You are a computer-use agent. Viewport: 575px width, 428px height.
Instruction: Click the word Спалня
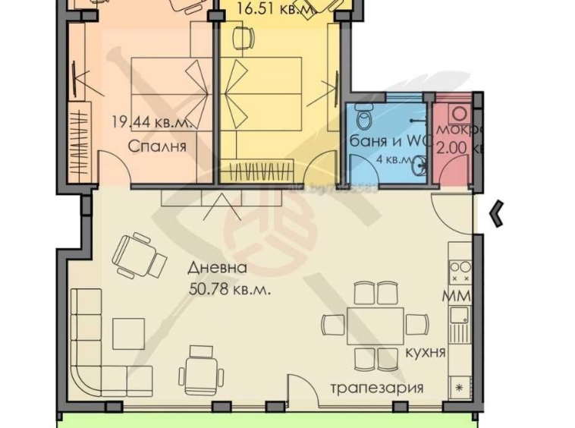click(x=156, y=146)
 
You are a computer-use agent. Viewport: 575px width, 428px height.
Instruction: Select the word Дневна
click(x=218, y=268)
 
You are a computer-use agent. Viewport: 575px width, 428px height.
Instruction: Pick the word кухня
click(x=424, y=353)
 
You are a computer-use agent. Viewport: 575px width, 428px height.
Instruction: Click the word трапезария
click(x=376, y=388)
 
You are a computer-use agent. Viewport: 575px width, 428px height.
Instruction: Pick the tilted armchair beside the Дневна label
click(x=140, y=255)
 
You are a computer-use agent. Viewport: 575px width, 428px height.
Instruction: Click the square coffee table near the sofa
click(x=128, y=332)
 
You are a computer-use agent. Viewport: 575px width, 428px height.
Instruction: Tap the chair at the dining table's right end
click(x=416, y=324)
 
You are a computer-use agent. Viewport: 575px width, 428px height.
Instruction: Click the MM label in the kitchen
click(x=457, y=295)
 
